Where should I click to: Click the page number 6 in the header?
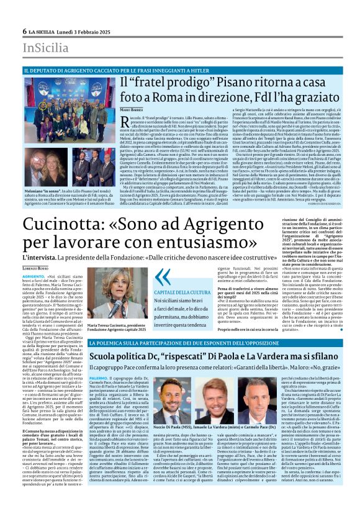click(24, 31)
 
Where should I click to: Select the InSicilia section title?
click(46, 48)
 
